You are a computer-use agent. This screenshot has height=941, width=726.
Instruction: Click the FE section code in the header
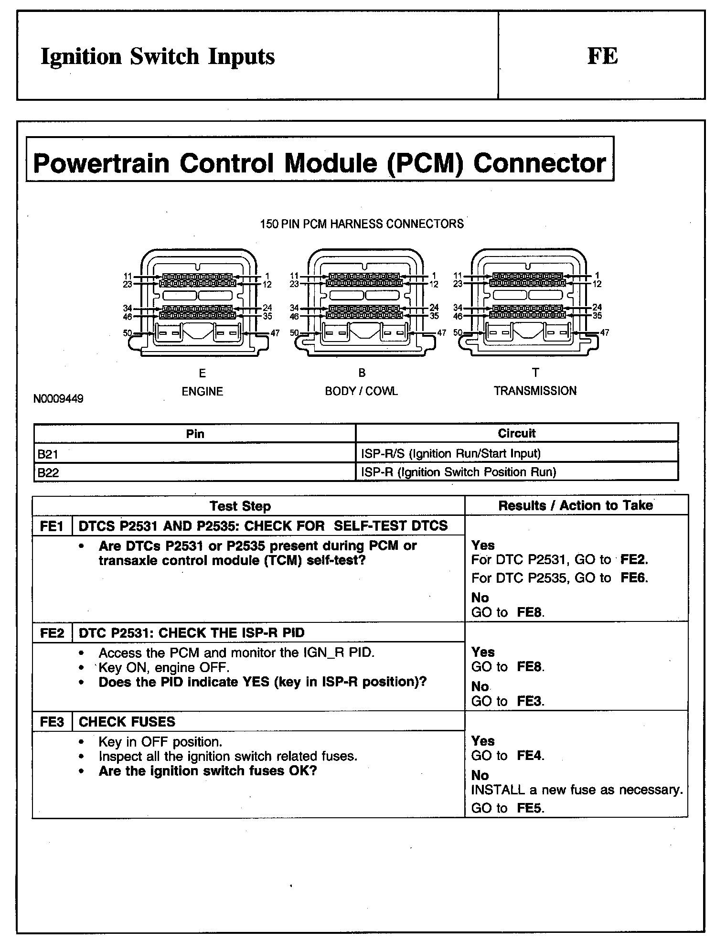(602, 56)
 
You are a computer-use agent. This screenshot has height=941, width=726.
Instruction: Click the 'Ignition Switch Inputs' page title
(158, 56)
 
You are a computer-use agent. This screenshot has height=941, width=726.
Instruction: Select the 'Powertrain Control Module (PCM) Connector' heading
(320, 163)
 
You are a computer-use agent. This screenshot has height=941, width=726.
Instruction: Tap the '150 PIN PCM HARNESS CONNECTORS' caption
(362, 224)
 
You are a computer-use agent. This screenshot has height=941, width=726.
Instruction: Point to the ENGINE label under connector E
(202, 392)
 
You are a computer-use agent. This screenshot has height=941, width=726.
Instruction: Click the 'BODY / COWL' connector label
(361, 391)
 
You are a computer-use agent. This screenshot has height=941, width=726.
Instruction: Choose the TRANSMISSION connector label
(535, 391)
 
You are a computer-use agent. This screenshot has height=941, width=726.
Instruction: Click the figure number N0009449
(58, 398)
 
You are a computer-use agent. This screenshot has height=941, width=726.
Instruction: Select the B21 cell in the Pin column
(48, 453)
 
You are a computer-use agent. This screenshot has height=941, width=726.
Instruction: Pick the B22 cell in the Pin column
(48, 472)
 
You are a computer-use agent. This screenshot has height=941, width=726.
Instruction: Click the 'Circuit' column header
(516, 433)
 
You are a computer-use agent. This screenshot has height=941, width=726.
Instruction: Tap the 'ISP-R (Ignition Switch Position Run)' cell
(459, 472)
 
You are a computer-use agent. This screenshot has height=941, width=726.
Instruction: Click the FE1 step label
(52, 526)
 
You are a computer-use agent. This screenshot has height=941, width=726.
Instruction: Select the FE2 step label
(52, 633)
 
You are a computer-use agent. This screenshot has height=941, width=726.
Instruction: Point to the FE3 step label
(52, 722)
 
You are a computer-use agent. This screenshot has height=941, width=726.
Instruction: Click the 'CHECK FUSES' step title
(127, 722)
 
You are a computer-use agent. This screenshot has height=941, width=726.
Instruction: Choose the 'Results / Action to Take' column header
(576, 505)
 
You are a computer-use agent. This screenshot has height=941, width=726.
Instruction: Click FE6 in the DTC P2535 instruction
(634, 578)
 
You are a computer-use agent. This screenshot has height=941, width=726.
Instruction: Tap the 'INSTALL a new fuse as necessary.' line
(577, 790)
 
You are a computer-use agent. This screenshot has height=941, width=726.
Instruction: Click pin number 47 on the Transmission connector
(605, 332)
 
